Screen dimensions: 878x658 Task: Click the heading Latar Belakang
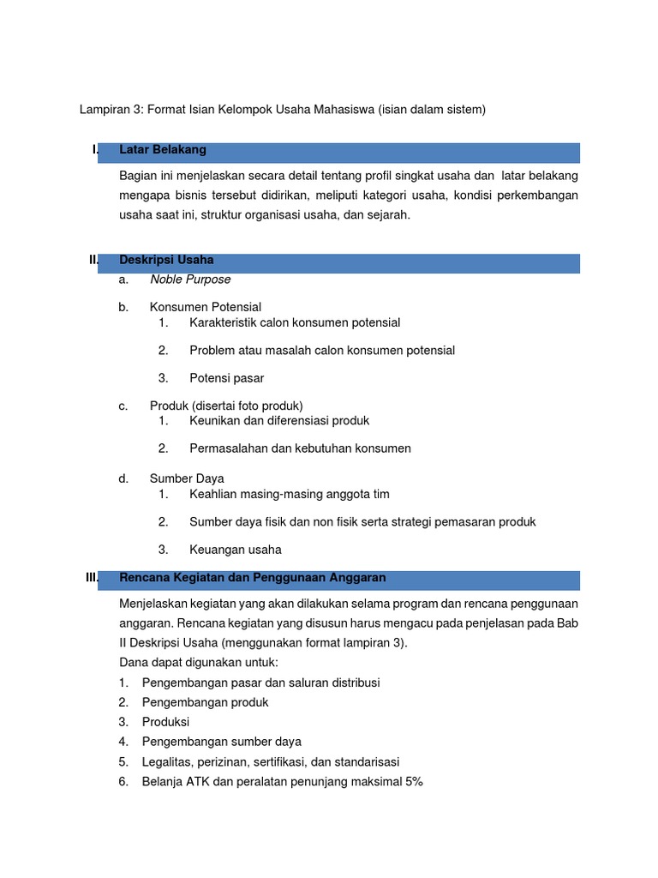[x=163, y=150]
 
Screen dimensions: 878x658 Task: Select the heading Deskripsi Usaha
[x=166, y=260]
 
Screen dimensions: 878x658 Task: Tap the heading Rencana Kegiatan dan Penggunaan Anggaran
[x=253, y=578]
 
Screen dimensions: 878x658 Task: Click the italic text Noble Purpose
[x=190, y=280]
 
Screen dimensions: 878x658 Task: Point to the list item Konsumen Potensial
[x=206, y=307]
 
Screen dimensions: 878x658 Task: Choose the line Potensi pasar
[x=227, y=378]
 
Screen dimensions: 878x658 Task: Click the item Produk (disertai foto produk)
[x=226, y=406]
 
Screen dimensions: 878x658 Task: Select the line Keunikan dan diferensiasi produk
[x=279, y=421]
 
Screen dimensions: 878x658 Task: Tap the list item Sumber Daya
[x=187, y=478]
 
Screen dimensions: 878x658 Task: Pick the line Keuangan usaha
[x=236, y=550]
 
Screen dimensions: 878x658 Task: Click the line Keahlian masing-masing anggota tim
[x=290, y=495]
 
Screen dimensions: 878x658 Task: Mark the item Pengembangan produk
[x=206, y=702]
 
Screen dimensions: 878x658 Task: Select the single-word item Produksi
[x=166, y=722]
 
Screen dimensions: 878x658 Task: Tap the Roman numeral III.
[x=93, y=578]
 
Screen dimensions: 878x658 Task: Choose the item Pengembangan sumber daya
[x=222, y=742]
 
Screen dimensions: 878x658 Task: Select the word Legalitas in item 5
[x=168, y=762]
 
